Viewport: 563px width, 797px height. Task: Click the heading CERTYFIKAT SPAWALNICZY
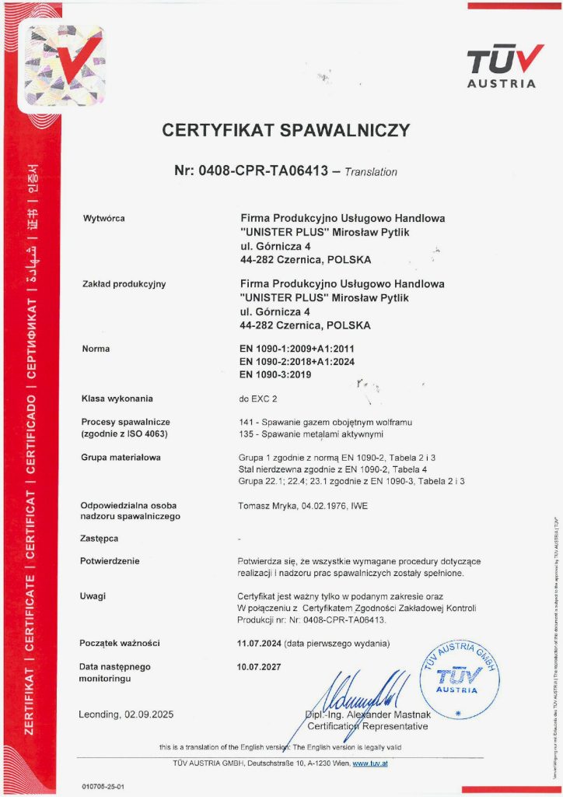pyautogui.click(x=285, y=130)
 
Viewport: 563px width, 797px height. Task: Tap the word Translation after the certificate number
pyautogui.click(x=370, y=172)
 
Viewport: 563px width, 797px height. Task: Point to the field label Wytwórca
pyautogui.click(x=103, y=218)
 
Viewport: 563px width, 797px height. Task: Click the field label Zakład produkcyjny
pyautogui.click(x=124, y=284)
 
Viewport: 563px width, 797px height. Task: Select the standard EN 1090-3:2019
pyautogui.click(x=275, y=374)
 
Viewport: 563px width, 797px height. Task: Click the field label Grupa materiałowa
pyautogui.click(x=121, y=458)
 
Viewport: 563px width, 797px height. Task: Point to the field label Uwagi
pyautogui.click(x=93, y=596)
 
